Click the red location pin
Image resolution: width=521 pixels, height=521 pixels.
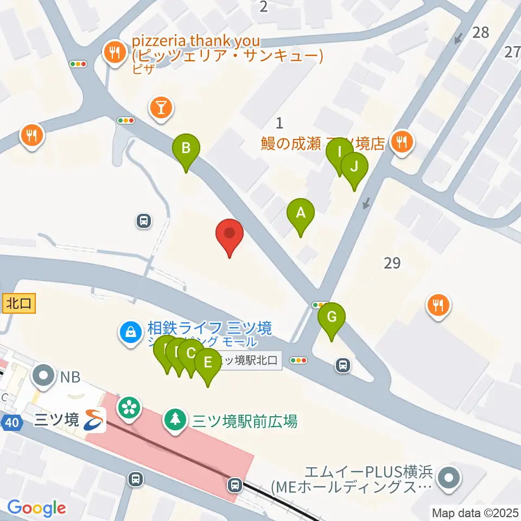[x=230, y=234]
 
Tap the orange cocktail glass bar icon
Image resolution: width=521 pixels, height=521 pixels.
[x=161, y=106]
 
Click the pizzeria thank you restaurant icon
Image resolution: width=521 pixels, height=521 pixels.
[x=115, y=53]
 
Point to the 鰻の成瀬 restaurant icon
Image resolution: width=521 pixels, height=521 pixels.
[x=402, y=142]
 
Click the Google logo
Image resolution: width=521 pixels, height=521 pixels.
[x=36, y=508]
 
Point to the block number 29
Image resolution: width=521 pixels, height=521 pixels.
[x=392, y=264]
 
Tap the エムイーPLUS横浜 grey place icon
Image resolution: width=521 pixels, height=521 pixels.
[x=450, y=478]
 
